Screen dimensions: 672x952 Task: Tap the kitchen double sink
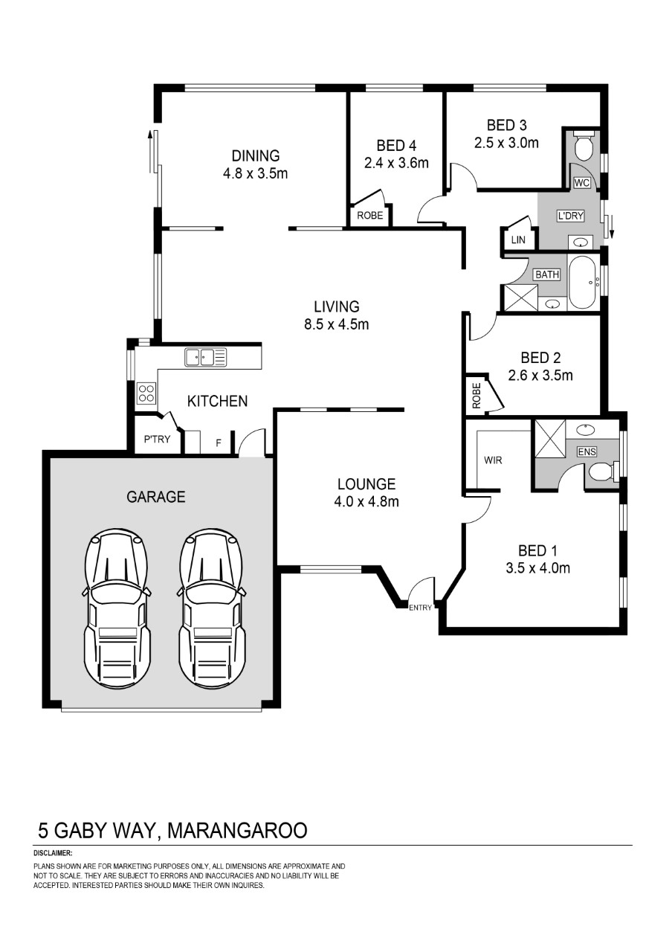click(205, 357)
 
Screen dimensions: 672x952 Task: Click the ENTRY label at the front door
click(420, 608)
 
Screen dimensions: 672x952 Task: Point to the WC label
click(581, 183)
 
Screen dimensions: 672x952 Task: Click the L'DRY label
click(570, 216)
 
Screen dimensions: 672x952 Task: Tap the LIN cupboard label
click(518, 239)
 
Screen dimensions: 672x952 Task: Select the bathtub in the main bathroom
click(584, 282)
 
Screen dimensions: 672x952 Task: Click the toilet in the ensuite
click(604, 472)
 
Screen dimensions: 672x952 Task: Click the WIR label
click(493, 460)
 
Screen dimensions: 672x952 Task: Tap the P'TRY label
click(157, 439)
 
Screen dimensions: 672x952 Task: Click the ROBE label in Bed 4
click(369, 216)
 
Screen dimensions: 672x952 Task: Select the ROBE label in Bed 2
click(476, 396)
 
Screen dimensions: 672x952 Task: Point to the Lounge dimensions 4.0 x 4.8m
click(366, 502)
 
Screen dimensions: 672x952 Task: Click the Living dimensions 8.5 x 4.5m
click(337, 325)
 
